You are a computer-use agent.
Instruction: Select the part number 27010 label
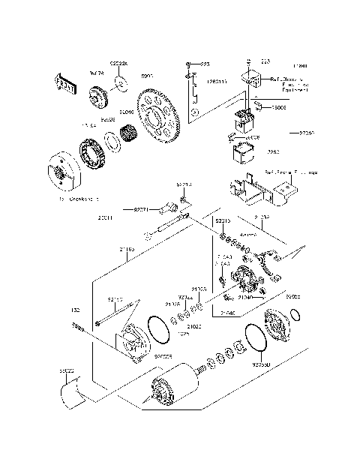[307, 133]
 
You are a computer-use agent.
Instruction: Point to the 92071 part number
[144, 209]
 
